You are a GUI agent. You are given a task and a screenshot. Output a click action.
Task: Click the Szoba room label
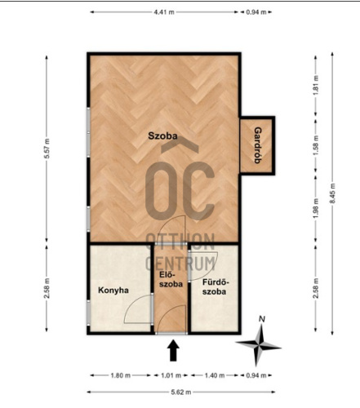[x=162, y=135]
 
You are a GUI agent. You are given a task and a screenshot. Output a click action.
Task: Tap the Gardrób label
[x=258, y=145]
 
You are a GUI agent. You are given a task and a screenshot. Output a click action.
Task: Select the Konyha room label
[x=113, y=290]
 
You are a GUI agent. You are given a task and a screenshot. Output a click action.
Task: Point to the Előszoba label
[x=171, y=279]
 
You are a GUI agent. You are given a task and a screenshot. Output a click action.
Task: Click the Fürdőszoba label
[x=215, y=287]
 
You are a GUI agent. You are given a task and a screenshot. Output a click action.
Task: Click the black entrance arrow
[x=173, y=350]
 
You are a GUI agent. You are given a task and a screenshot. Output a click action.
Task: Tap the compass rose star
[x=259, y=345]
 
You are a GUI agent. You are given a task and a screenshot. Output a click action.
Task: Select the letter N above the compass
[x=262, y=319]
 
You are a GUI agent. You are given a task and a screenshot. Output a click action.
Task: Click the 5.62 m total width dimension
[x=181, y=392]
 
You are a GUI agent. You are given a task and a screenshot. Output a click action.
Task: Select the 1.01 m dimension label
[x=171, y=375]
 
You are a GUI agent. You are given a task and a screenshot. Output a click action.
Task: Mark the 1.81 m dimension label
[x=316, y=85]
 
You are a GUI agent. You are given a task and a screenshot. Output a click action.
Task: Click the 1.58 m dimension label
[x=316, y=146]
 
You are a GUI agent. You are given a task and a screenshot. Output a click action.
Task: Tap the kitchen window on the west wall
[x=88, y=313]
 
